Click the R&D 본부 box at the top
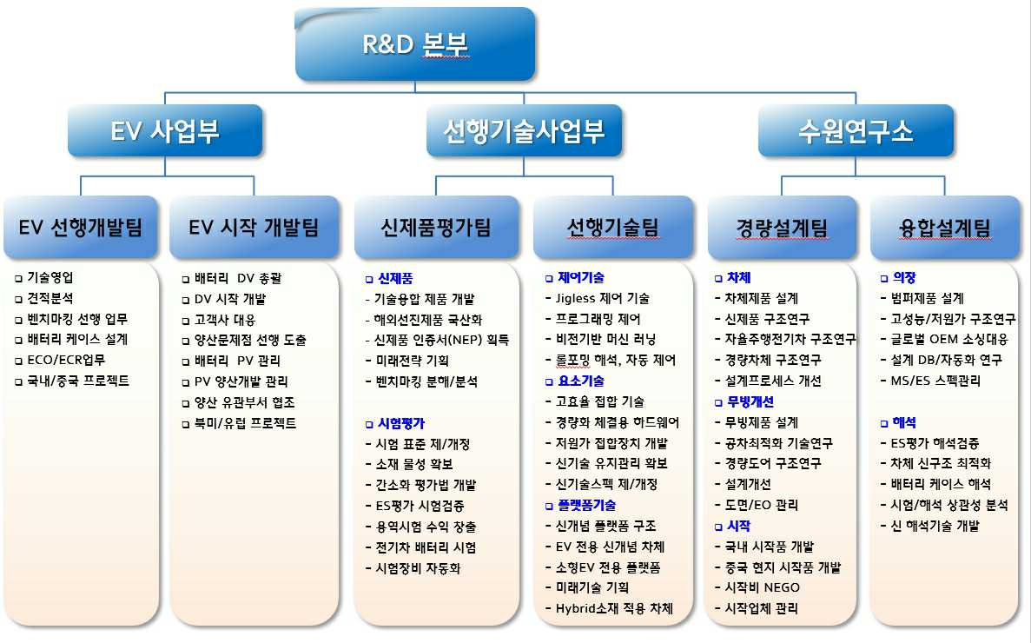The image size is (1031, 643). (x=415, y=44)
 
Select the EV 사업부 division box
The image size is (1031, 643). (x=165, y=131)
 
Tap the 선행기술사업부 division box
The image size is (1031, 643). (x=524, y=131)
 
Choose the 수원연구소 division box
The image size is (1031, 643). (x=856, y=131)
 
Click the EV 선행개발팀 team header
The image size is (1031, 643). (x=81, y=228)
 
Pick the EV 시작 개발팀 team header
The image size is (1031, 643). (x=254, y=228)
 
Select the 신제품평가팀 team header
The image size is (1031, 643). (x=436, y=228)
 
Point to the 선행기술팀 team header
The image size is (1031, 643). (x=612, y=228)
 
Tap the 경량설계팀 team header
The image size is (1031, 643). (x=781, y=228)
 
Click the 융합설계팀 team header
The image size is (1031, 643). (x=944, y=228)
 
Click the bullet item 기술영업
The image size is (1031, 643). (x=50, y=278)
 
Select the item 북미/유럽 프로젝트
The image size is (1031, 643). (x=245, y=423)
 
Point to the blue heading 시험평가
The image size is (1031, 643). (x=400, y=423)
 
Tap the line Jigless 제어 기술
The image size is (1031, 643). (x=602, y=298)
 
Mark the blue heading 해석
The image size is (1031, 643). (x=903, y=422)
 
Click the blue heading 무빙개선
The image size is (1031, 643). (x=749, y=401)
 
